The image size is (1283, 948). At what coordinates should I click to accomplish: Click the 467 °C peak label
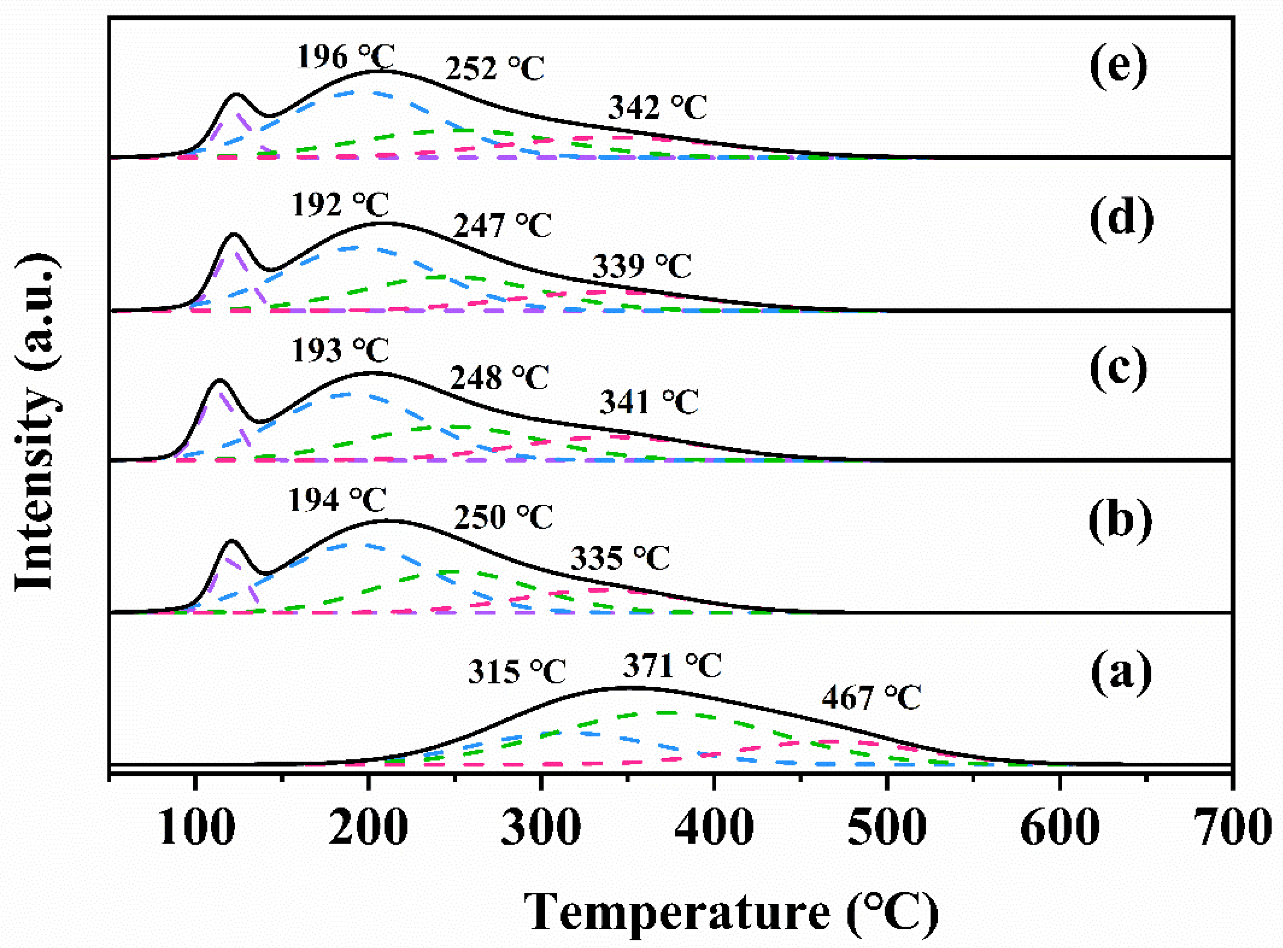coord(870,698)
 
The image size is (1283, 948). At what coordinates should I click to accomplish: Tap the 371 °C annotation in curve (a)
coord(672,666)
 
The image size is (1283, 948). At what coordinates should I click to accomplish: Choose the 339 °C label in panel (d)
coord(642,266)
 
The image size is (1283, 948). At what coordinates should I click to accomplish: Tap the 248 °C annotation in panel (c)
coord(499,378)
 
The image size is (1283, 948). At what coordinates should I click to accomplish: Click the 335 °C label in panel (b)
coord(620,558)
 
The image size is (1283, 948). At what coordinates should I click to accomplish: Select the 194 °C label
coord(337,500)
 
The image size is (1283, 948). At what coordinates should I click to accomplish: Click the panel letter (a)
coord(1121,672)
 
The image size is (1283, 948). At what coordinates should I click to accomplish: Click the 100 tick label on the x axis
coord(196,828)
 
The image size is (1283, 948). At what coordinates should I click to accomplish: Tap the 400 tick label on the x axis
coord(713,828)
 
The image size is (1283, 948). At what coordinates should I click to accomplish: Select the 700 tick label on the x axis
coord(1234,828)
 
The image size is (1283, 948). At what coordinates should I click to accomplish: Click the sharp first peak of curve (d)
coord(233,234)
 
